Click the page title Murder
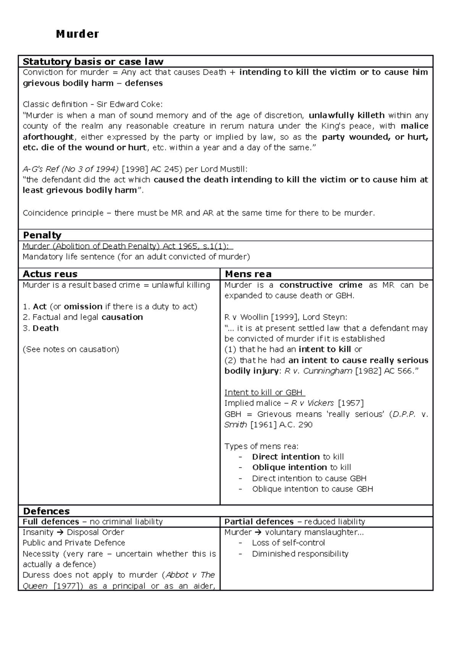(77, 34)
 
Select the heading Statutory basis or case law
(93, 61)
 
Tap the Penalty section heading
(42, 235)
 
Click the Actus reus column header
(50, 274)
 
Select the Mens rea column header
(248, 274)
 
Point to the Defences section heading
(46, 511)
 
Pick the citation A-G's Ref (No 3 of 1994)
(71, 169)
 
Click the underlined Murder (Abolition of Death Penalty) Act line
(127, 246)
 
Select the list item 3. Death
(40, 328)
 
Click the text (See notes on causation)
(71, 349)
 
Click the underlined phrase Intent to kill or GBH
(264, 392)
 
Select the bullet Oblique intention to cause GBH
(312, 489)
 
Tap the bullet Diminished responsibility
(300, 554)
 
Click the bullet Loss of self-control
(288, 543)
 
